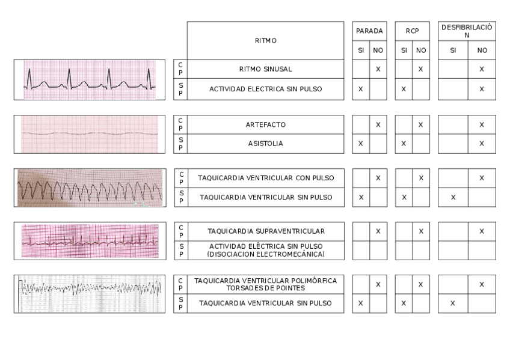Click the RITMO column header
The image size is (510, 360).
[x=265, y=40]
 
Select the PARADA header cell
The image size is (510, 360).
[x=369, y=31]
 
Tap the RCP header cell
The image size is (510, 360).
[x=412, y=31]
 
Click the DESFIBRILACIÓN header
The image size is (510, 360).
[x=467, y=31]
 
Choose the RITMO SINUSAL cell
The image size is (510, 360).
[x=265, y=69]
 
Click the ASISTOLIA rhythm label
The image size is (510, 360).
[x=265, y=144]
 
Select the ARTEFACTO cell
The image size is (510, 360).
[x=265, y=124]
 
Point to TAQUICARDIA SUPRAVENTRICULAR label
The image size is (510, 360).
[x=265, y=231]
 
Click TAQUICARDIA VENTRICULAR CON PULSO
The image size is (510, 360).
[x=265, y=178]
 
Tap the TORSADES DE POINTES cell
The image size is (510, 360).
[x=265, y=284]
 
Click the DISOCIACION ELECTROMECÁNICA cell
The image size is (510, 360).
[x=265, y=250]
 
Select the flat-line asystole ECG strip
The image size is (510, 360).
[x=89, y=134]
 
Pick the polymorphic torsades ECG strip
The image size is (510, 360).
[x=89, y=294]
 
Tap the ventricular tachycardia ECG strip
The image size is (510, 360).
[x=89, y=188]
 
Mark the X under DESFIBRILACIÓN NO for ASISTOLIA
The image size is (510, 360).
[x=482, y=144]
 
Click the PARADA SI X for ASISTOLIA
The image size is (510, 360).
[x=361, y=144]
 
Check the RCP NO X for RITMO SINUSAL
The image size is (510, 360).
[x=420, y=69]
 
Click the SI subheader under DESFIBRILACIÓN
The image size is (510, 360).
[x=453, y=50]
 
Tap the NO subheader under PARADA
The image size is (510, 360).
[x=378, y=50]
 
